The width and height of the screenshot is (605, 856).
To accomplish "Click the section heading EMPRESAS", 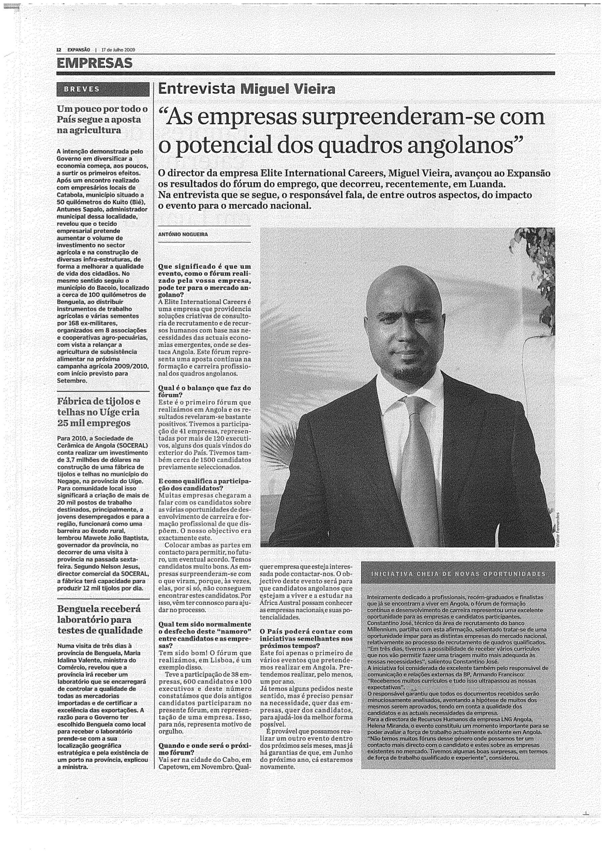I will tap(94, 63).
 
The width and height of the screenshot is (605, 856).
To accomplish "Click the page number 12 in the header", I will tap(58, 49).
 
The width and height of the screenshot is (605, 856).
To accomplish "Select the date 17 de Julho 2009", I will tap(118, 49).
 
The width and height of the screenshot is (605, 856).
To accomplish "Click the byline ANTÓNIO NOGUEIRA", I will tap(183, 234).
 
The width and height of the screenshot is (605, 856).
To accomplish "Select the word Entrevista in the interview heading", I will tap(197, 89).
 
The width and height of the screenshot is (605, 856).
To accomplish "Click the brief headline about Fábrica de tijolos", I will tap(99, 412).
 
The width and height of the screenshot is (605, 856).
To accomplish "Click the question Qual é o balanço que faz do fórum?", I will tap(204, 391).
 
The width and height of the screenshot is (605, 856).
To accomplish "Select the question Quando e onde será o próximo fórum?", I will tap(204, 749).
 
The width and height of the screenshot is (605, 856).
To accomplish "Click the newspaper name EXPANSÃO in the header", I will tap(78, 49).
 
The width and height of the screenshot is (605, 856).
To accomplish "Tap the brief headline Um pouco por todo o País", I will tap(102, 119).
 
